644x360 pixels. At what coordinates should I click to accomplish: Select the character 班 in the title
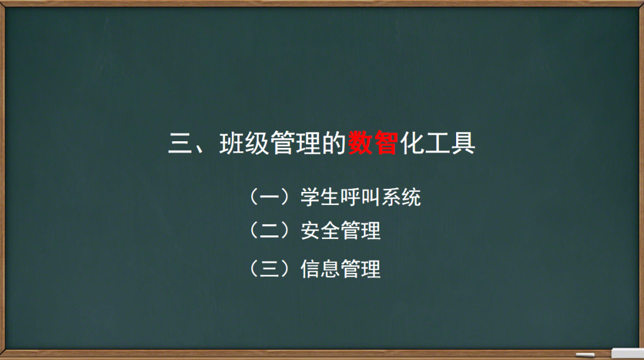[x=233, y=144]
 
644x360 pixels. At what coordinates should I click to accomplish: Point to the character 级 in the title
[x=258, y=144]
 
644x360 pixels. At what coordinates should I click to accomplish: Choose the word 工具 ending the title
[x=450, y=144]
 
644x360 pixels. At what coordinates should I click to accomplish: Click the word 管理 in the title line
[x=296, y=144]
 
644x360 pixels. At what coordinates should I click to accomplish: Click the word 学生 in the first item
[x=320, y=197]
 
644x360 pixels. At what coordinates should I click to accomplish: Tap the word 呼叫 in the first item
[x=360, y=197]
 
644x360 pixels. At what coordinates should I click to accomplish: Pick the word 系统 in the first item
[x=401, y=197]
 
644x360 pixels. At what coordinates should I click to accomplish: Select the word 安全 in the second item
[x=320, y=230]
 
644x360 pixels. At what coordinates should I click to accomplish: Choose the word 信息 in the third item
[x=320, y=269]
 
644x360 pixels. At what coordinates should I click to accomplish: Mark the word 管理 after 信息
[x=360, y=269]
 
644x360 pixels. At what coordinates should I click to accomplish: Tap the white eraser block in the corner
[x=627, y=353]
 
